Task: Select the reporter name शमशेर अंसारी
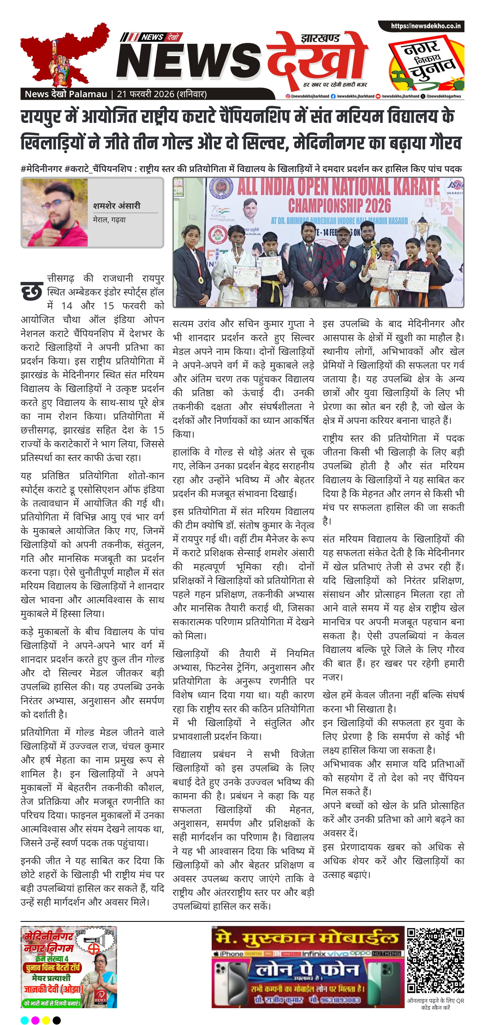(x=117, y=206)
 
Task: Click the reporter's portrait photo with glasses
(x=55, y=212)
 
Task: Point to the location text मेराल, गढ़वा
(x=109, y=220)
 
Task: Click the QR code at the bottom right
(x=435, y=962)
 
